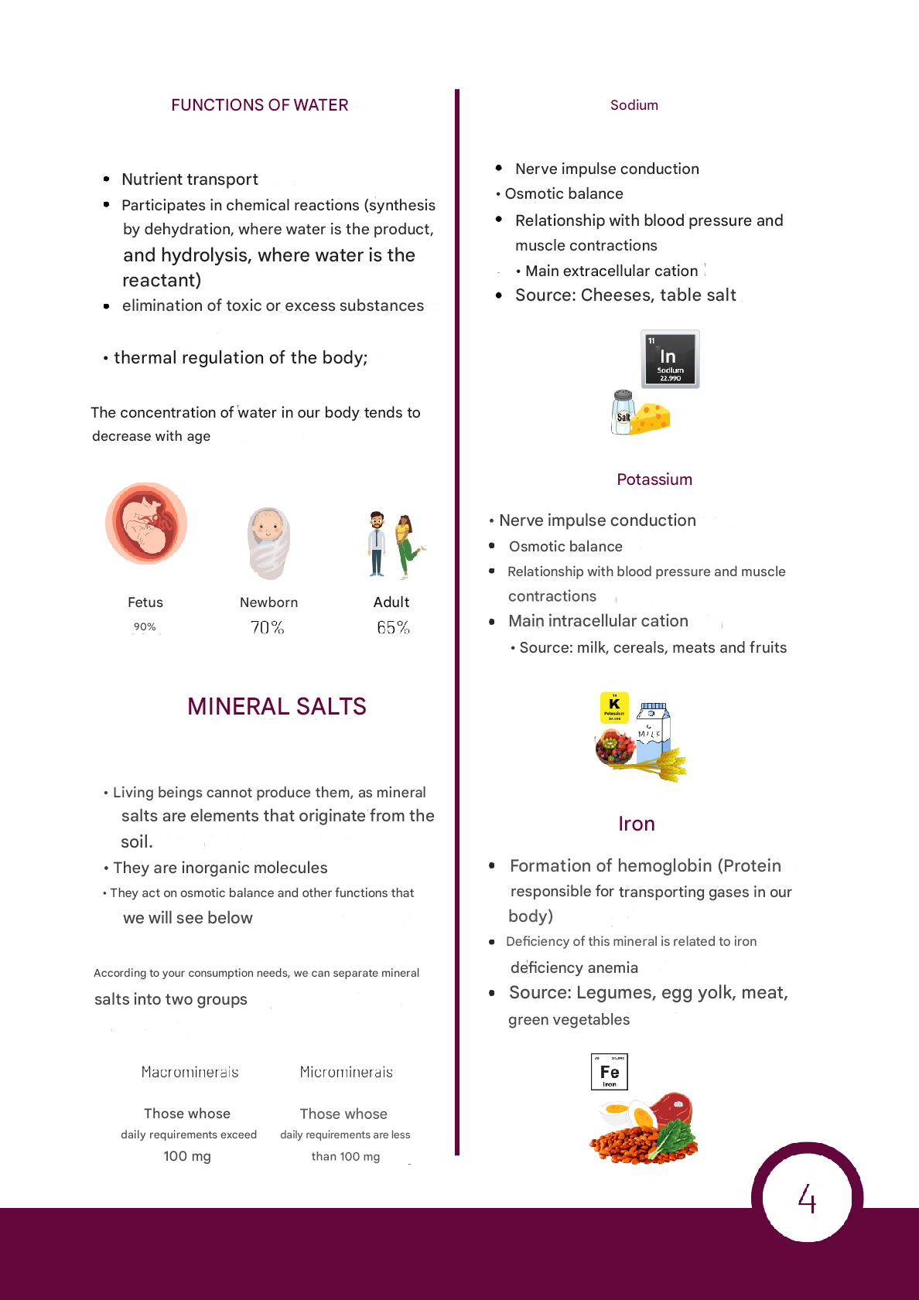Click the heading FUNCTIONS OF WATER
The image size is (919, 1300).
tap(259, 105)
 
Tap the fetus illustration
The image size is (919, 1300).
tap(146, 524)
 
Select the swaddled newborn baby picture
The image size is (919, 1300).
tap(268, 542)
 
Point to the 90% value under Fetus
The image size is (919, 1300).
tap(145, 626)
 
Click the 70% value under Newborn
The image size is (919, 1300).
tap(267, 627)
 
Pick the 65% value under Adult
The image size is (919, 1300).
tap(393, 627)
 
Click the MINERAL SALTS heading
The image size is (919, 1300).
tap(276, 706)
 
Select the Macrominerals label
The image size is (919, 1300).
tap(190, 1072)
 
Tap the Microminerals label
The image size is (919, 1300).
tap(346, 1072)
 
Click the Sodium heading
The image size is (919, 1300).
tap(634, 105)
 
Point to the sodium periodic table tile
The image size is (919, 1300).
tap(670, 359)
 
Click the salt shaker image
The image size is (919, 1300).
tap(623, 412)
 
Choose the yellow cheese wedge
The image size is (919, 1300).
tap(651, 418)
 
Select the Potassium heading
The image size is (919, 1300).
tap(654, 479)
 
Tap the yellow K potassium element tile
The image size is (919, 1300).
tap(614, 707)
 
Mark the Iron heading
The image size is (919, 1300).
tap(636, 824)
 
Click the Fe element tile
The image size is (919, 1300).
tap(609, 1072)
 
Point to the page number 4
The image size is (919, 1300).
tap(807, 1199)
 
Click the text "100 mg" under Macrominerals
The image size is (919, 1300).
tap(187, 1156)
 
